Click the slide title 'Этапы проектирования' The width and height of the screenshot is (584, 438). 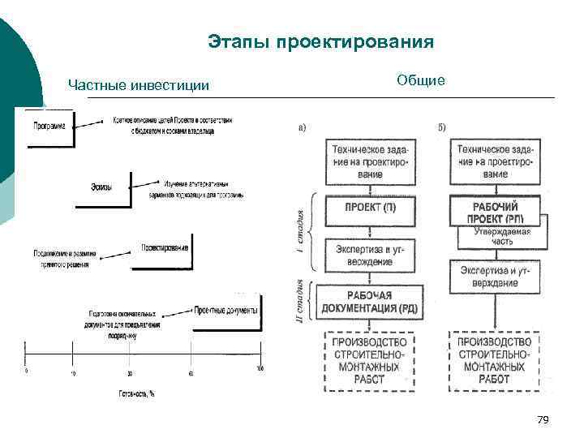(320, 41)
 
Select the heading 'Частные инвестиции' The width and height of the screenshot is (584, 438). (139, 84)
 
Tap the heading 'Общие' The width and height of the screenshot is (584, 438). (420, 80)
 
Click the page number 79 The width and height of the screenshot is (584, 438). (543, 419)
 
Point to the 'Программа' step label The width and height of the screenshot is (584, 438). (49, 126)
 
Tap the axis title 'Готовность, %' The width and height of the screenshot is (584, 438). (129, 393)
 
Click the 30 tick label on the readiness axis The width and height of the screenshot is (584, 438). (130, 373)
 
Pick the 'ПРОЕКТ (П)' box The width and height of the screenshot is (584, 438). (371, 208)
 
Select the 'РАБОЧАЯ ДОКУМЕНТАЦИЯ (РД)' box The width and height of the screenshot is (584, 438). (371, 302)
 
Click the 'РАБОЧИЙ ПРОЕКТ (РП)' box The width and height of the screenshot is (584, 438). (494, 212)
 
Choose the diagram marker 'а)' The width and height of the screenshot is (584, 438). (303, 127)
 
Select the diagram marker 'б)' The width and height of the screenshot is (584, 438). (441, 127)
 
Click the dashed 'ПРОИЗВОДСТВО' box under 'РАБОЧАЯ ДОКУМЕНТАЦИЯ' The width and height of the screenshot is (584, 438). (371, 357)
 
